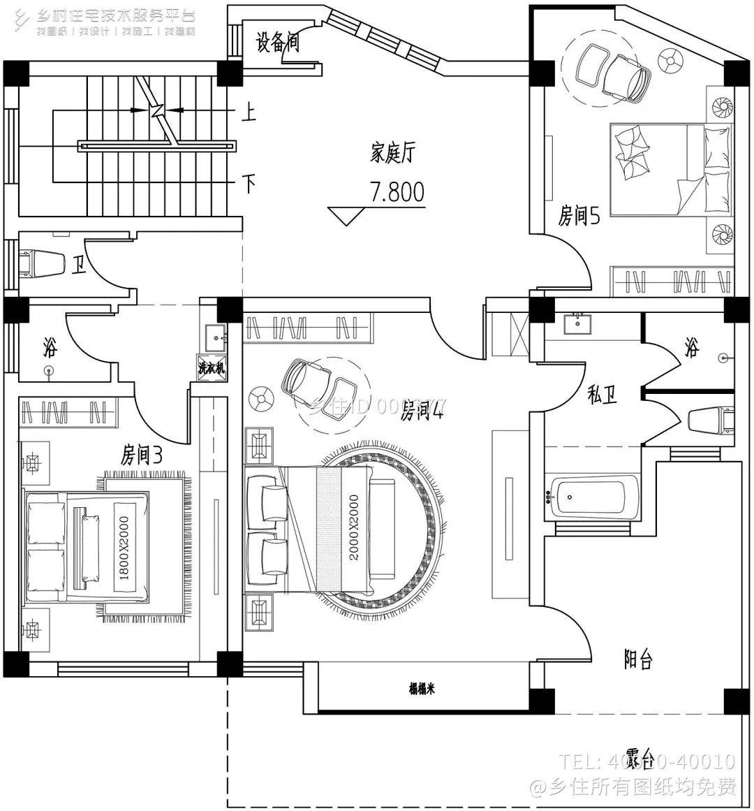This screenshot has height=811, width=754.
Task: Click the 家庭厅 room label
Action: tap(392, 152)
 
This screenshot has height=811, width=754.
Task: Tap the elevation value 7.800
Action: tap(397, 192)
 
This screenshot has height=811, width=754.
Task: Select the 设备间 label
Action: tap(277, 43)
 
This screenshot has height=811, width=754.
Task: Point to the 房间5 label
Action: tap(579, 217)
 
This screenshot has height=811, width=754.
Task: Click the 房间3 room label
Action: tap(142, 456)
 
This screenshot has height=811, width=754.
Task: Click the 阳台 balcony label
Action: tap(637, 659)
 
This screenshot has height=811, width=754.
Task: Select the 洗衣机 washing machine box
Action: tap(212, 368)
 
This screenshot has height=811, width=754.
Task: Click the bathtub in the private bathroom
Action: tap(593, 497)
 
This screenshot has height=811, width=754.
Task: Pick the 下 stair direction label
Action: tap(249, 184)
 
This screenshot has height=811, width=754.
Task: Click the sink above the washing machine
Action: tap(216, 336)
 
